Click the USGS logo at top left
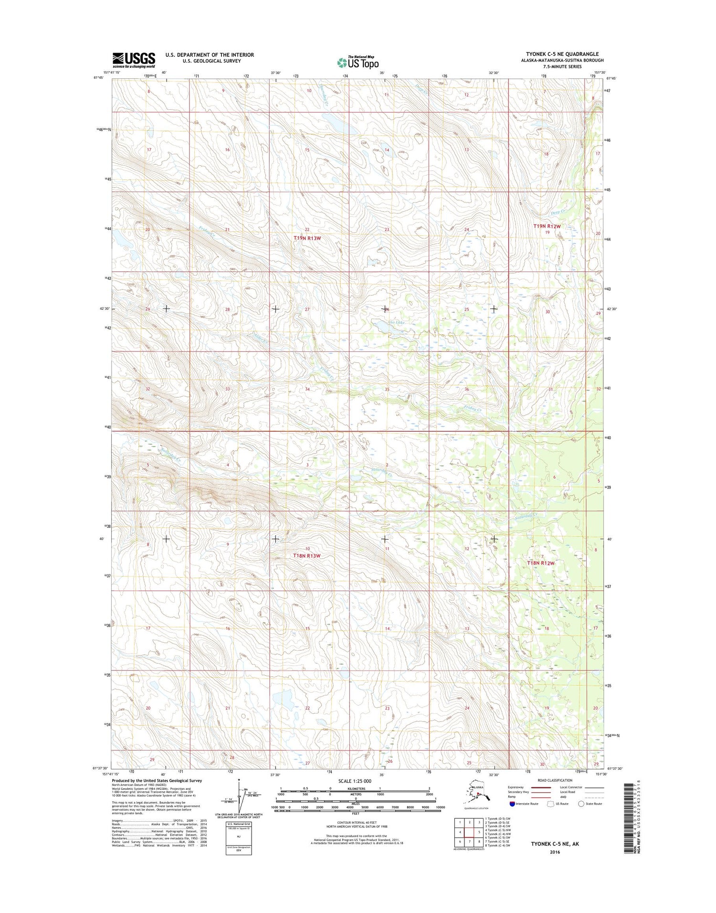pos(134,60)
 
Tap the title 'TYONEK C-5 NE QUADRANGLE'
pos(562,54)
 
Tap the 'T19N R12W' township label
pos(547,226)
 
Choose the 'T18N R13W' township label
pos(306,556)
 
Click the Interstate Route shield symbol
pos(512,804)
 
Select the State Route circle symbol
pos(581,804)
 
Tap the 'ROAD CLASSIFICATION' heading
pos(555,780)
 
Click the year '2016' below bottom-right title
pos(555,852)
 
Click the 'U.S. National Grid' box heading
pos(239,824)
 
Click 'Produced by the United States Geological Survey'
pos(157,781)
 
